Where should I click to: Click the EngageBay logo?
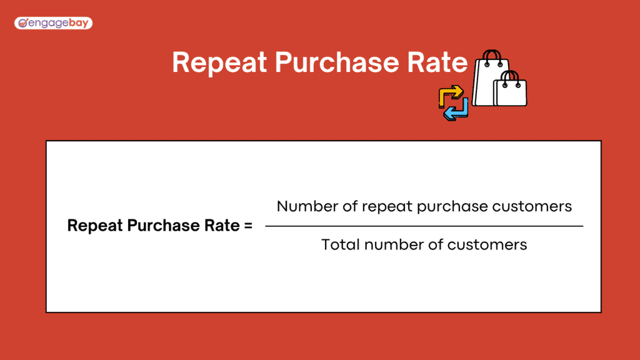click(x=53, y=24)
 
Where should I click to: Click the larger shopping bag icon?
click(x=489, y=82)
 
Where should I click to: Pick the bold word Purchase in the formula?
click(x=159, y=226)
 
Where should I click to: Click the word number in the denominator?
click(x=392, y=244)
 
